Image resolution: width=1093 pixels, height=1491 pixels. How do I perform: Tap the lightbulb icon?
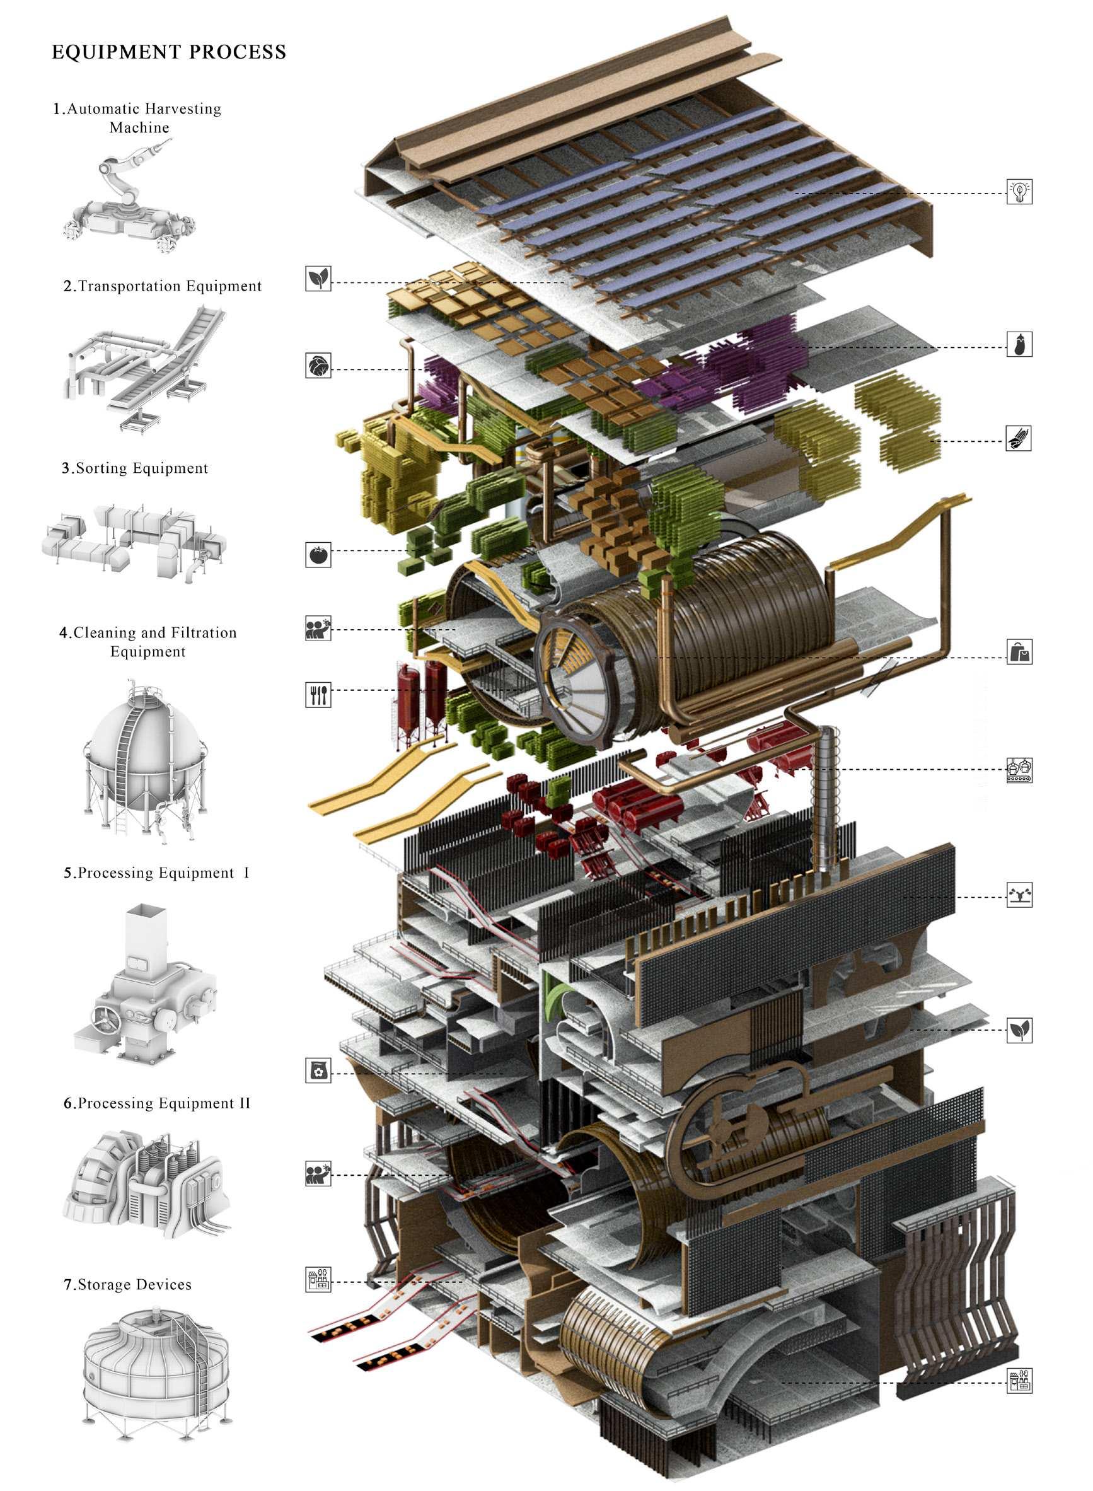[1019, 191]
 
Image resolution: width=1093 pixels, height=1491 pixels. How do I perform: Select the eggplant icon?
[1019, 344]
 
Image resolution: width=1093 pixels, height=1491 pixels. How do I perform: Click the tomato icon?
[318, 554]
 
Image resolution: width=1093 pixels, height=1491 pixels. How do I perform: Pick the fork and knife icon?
[318, 694]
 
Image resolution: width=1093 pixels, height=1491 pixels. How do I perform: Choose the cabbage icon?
[318, 365]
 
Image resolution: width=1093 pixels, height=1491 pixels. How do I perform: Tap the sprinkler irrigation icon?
[1019, 895]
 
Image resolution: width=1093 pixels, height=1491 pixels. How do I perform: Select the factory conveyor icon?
[1019, 770]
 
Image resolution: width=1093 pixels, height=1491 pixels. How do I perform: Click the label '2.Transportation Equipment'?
[163, 286]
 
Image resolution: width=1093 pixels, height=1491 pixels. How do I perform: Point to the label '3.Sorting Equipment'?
[135, 468]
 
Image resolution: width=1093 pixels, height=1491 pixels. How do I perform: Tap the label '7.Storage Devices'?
[128, 1284]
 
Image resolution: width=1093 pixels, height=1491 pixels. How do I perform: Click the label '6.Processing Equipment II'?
[158, 1103]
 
